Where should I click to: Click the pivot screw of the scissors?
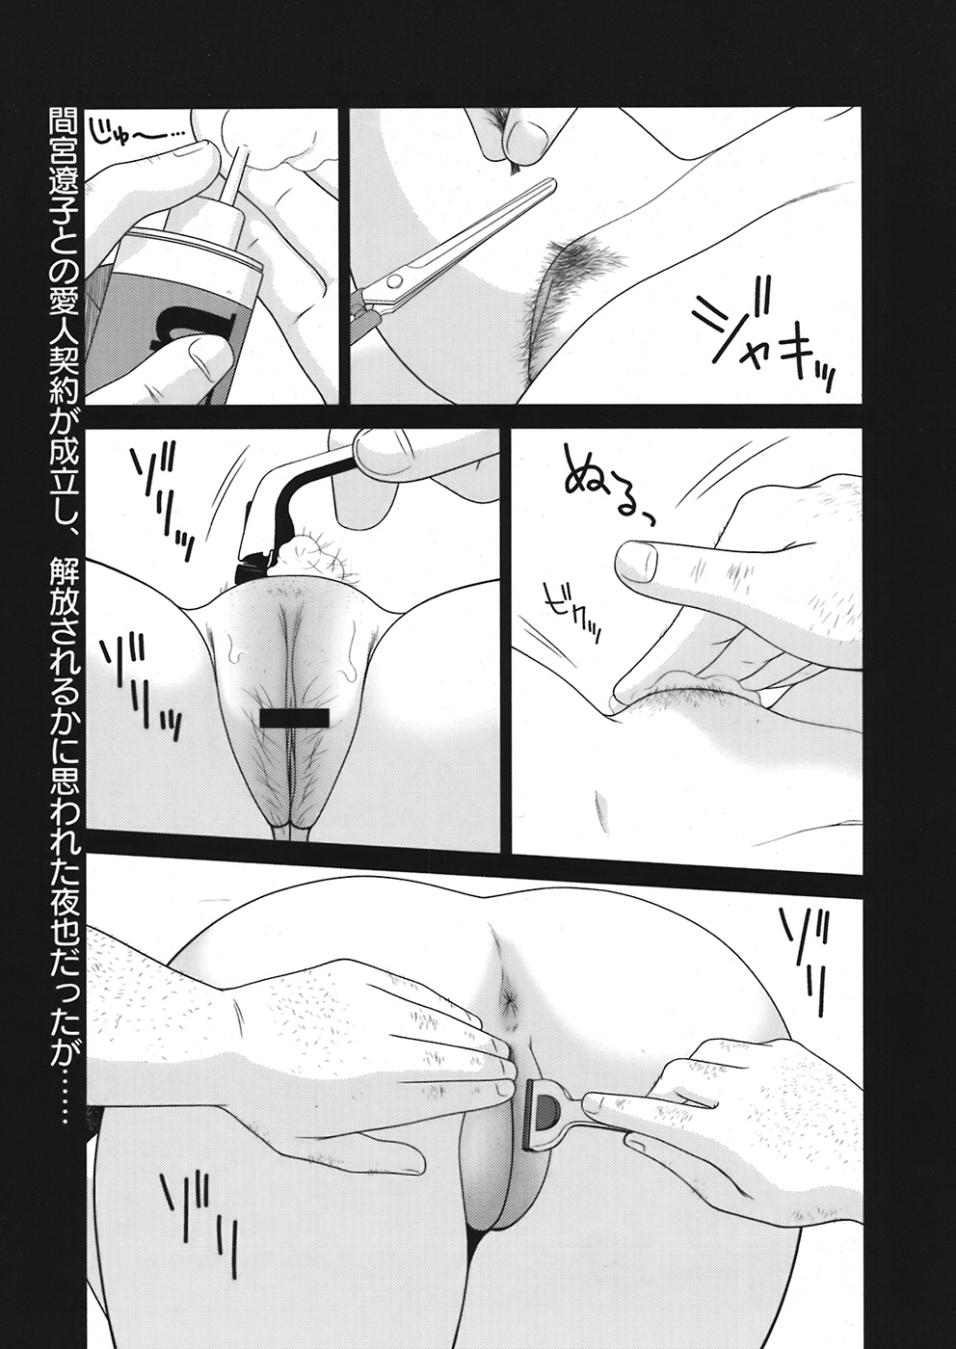coord(394,280)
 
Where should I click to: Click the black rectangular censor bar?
coord(294,719)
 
